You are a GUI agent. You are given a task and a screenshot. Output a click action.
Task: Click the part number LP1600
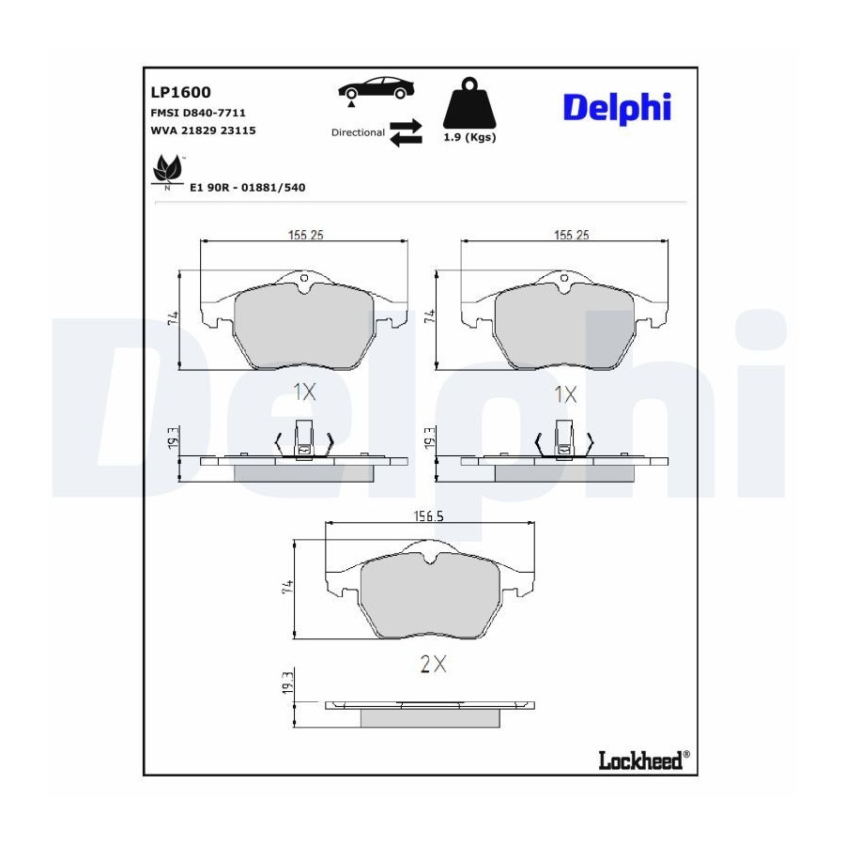click(180, 92)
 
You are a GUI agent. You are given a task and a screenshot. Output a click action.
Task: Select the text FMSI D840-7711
click(198, 113)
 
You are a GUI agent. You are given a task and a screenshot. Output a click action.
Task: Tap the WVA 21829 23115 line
click(203, 131)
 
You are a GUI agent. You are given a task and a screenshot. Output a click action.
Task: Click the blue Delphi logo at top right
click(617, 108)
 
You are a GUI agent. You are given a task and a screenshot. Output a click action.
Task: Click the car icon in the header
click(376, 89)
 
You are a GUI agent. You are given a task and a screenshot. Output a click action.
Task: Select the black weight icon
click(469, 103)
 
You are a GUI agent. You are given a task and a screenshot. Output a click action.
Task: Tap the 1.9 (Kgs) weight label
click(469, 137)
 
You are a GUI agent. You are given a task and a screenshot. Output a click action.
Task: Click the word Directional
click(358, 132)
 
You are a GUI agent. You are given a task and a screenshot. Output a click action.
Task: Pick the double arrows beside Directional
click(406, 132)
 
